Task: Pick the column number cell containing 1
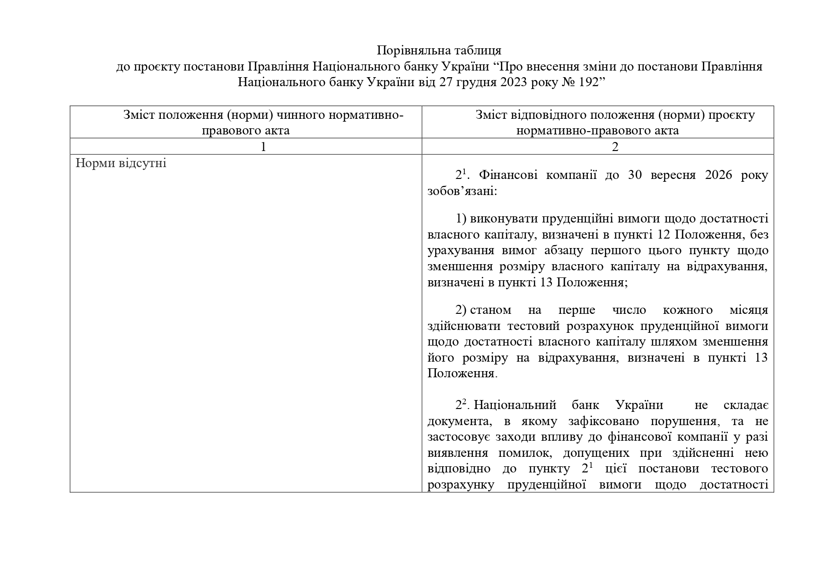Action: (263, 147)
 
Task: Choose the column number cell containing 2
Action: (615, 147)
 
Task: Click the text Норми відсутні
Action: (121, 164)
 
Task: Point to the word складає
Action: (746, 405)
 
